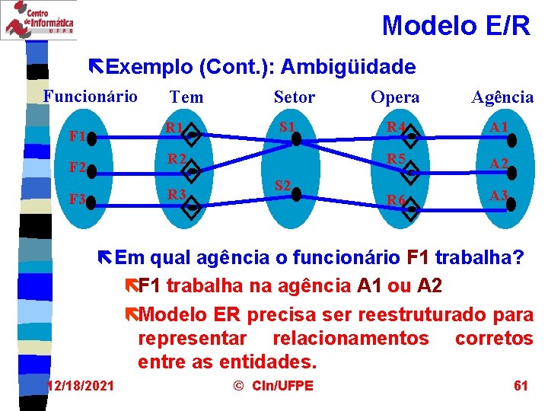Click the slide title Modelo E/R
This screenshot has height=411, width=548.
tap(456, 25)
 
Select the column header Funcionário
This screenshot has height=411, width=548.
tap(91, 96)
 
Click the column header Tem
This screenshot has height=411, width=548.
tap(186, 97)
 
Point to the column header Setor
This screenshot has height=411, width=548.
tap(294, 97)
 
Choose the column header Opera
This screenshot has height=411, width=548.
tap(395, 97)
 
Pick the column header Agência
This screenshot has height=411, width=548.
tap(502, 97)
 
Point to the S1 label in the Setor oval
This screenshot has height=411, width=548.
tap(287, 126)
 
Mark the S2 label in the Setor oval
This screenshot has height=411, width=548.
tap(282, 186)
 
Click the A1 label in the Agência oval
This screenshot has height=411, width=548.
tap(499, 126)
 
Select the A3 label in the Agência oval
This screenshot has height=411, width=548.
tap(499, 195)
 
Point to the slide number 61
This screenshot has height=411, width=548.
tap(521, 385)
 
